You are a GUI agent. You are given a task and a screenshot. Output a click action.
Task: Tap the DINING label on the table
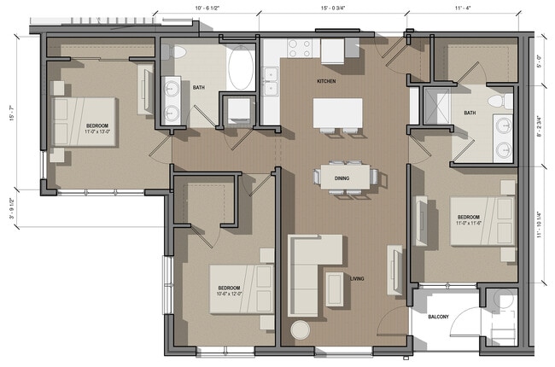click(341, 177)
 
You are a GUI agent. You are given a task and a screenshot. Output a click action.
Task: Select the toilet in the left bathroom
click(179, 53)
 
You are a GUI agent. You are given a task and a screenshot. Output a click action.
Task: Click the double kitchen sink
click(273, 84)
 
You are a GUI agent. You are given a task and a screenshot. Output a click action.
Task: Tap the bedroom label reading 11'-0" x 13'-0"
click(102, 129)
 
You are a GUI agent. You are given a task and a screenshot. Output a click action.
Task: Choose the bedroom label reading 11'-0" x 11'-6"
click(469, 220)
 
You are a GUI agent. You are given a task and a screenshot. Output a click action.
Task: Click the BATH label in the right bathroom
click(470, 113)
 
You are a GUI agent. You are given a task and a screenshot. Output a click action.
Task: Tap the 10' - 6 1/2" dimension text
click(207, 8)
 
